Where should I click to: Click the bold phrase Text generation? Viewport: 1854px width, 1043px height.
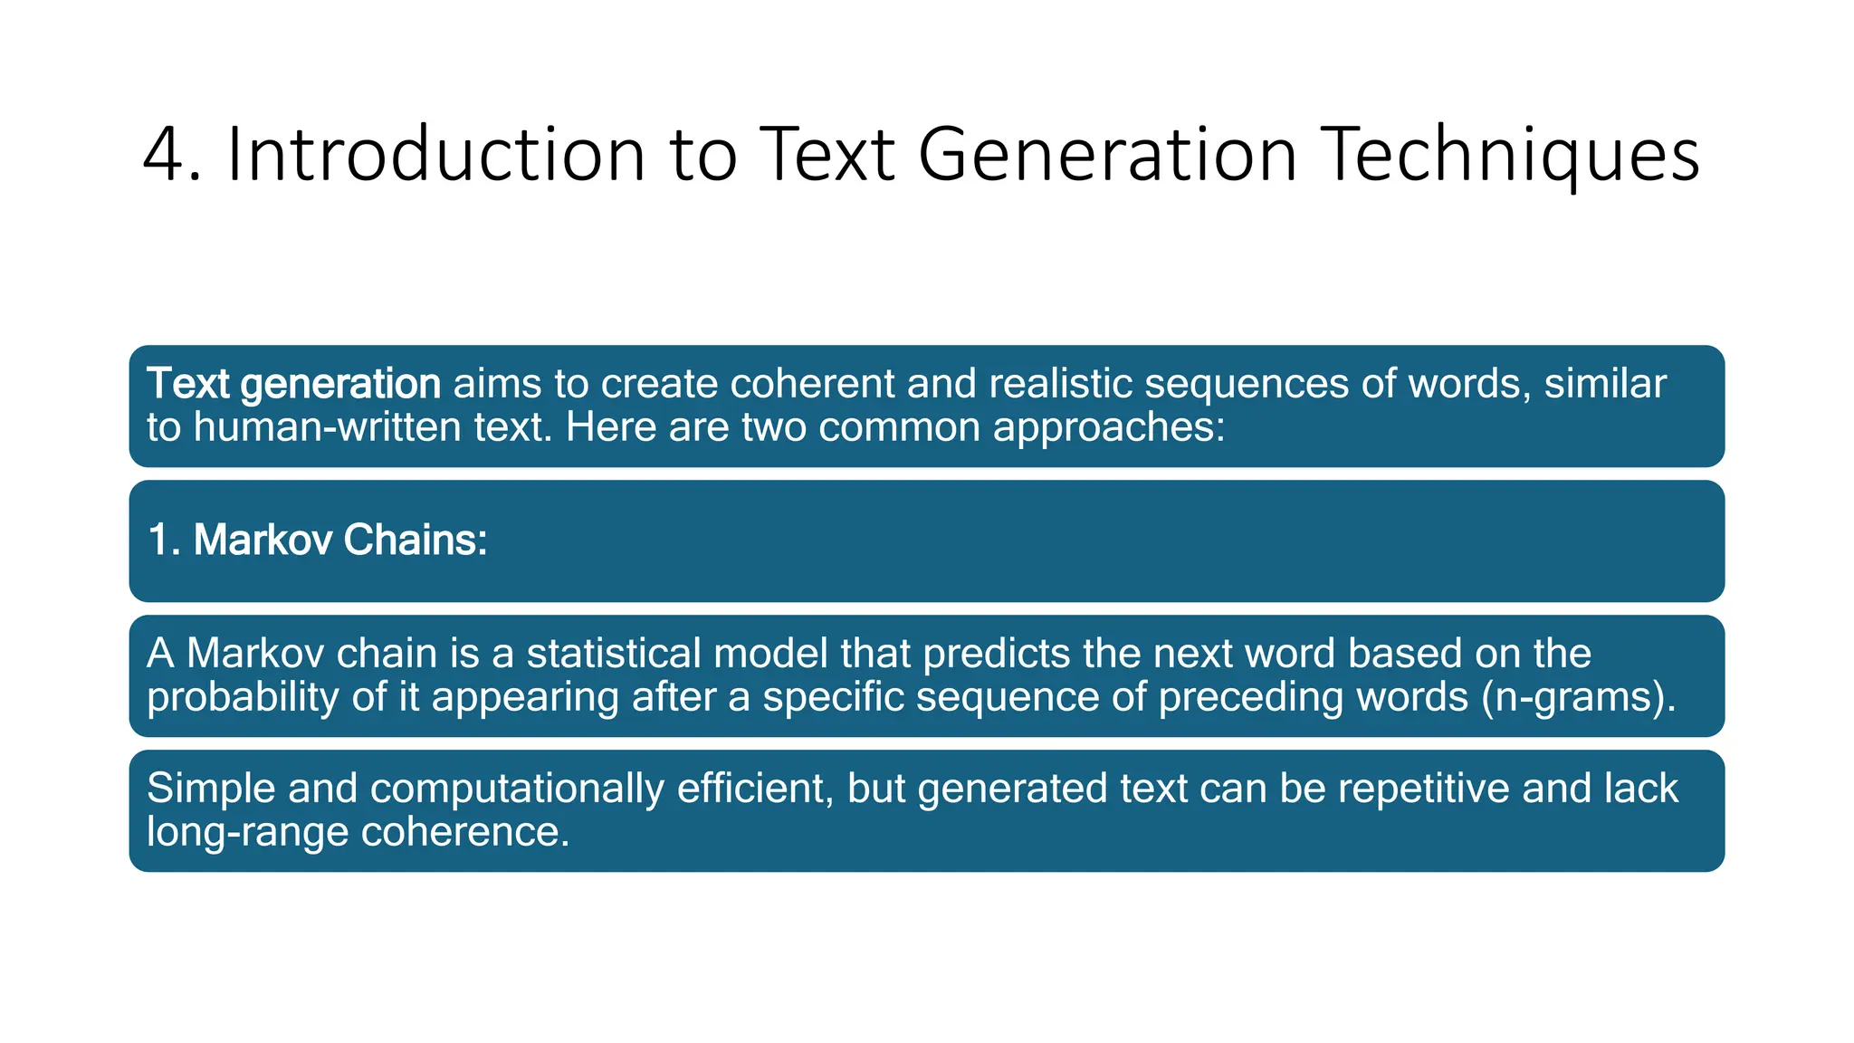pyautogui.click(x=293, y=384)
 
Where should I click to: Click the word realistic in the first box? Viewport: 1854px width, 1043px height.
pyautogui.click(x=1060, y=384)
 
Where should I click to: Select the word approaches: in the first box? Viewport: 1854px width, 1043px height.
pyautogui.click(x=1109, y=427)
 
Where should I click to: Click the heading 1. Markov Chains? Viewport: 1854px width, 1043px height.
pyautogui.click(x=318, y=540)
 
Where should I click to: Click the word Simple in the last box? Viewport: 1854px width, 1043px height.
pyautogui.click(x=210, y=789)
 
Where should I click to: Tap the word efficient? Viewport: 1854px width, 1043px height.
pyautogui.click(x=755, y=789)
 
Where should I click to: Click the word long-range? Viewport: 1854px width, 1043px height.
pyautogui.click(x=247, y=832)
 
